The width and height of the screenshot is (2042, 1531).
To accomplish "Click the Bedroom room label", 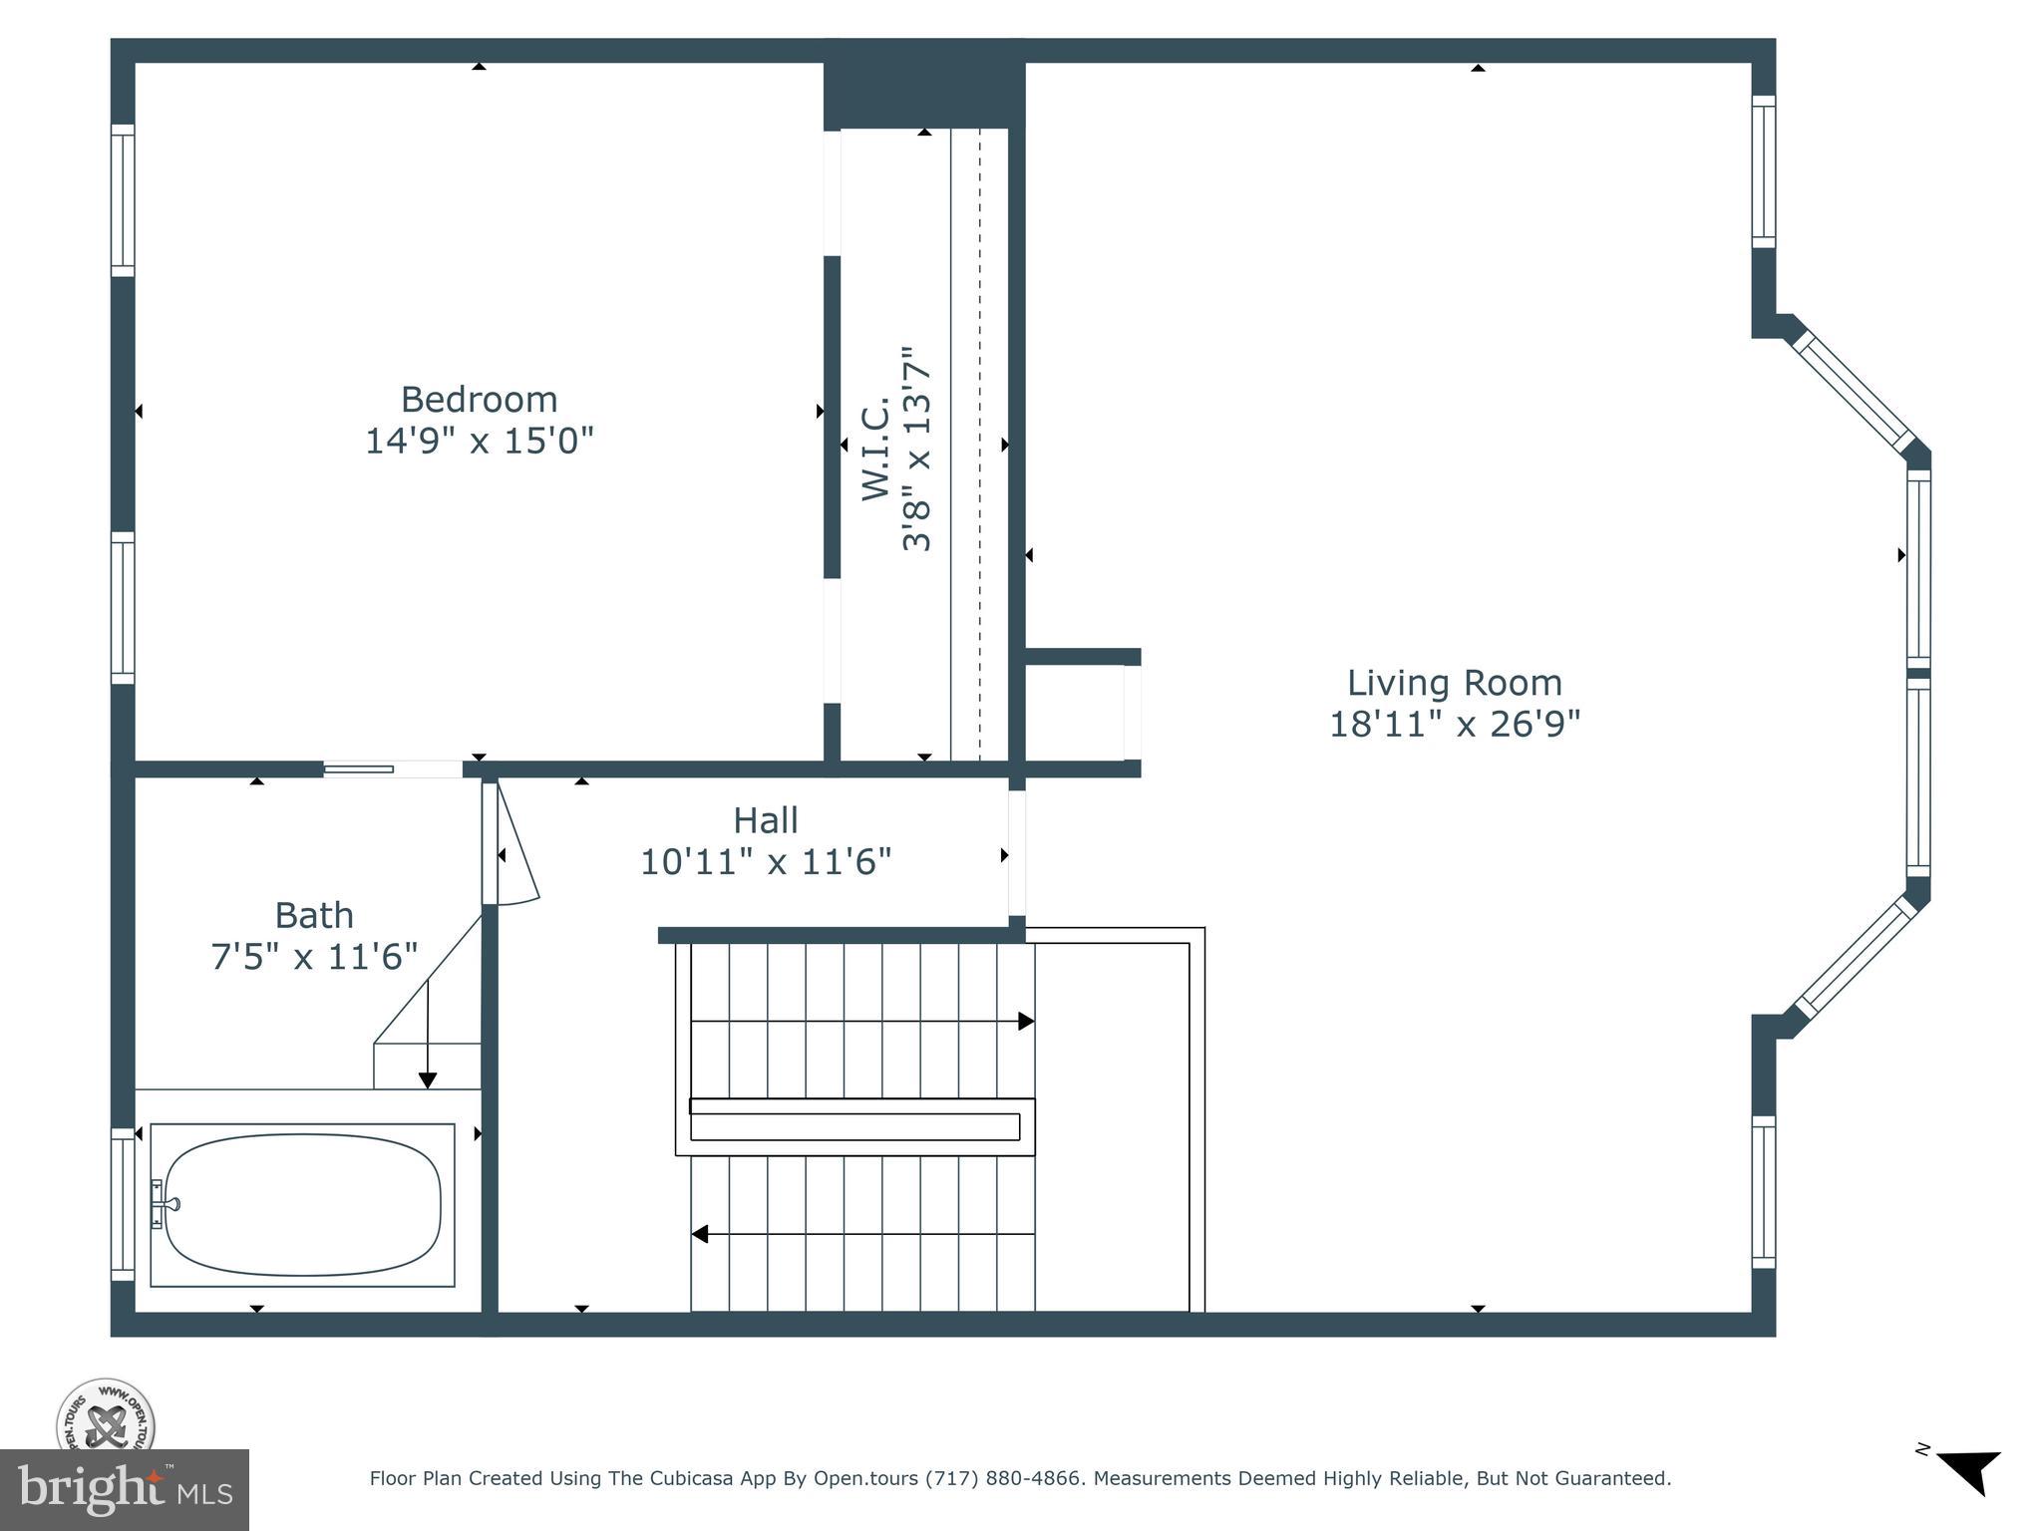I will click(x=479, y=400).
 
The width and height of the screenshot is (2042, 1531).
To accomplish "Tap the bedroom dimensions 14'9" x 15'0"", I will click(x=479, y=441).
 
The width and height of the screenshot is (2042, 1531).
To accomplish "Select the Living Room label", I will click(x=1454, y=683).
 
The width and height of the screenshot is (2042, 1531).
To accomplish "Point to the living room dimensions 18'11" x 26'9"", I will click(x=1454, y=725).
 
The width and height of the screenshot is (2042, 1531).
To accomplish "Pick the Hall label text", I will click(x=765, y=820).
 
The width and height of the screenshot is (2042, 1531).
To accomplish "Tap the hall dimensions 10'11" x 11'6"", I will click(x=765, y=862).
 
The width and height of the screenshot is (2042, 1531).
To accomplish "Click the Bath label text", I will click(x=314, y=915).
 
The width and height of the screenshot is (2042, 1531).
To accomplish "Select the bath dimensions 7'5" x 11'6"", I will click(x=314, y=957).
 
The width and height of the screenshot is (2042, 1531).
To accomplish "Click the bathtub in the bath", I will click(x=302, y=1204).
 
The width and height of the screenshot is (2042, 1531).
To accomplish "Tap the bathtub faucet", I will click(x=162, y=1204).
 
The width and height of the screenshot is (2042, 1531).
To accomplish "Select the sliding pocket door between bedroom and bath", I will click(x=359, y=769).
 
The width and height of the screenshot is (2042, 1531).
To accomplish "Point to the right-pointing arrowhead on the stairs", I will click(x=1025, y=1022).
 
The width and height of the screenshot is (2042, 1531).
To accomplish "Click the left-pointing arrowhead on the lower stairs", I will click(x=700, y=1234).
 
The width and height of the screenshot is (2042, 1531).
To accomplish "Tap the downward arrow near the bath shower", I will click(x=428, y=1080).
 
